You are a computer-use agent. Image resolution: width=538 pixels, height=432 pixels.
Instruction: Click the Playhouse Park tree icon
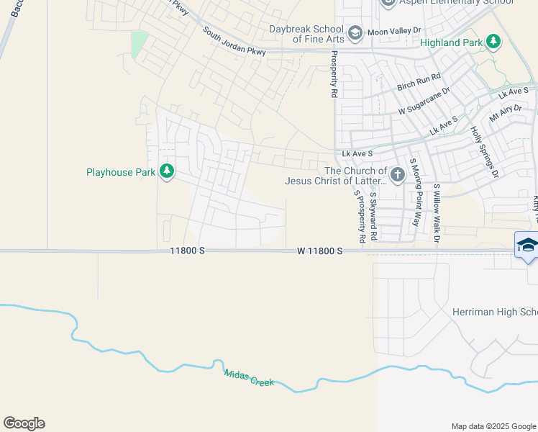pyautogui.click(x=167, y=171)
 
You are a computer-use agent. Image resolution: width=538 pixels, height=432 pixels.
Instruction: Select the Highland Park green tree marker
pyautogui.click(x=493, y=42)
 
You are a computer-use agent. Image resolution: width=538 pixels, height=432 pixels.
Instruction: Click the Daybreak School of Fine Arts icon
pyautogui.click(x=355, y=33)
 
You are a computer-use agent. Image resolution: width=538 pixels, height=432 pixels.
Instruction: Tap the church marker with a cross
pyautogui.click(x=397, y=175)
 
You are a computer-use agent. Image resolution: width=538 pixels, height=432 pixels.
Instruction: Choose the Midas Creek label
pyautogui.click(x=249, y=377)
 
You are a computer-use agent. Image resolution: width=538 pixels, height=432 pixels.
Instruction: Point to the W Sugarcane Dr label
pyautogui.click(x=424, y=101)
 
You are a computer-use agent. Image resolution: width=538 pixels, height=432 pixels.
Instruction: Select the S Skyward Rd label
pyautogui.click(x=373, y=217)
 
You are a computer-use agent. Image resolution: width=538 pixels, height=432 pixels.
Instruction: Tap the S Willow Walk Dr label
pyautogui.click(x=437, y=212)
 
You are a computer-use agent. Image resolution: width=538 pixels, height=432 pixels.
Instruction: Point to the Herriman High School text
pyautogui.click(x=495, y=312)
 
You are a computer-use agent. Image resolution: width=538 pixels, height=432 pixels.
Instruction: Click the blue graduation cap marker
pyautogui.click(x=526, y=245)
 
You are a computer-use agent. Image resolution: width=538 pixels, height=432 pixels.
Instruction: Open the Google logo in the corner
pyautogui.click(x=24, y=423)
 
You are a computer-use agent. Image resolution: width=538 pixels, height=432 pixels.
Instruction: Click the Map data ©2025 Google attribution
pyautogui.click(x=493, y=426)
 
